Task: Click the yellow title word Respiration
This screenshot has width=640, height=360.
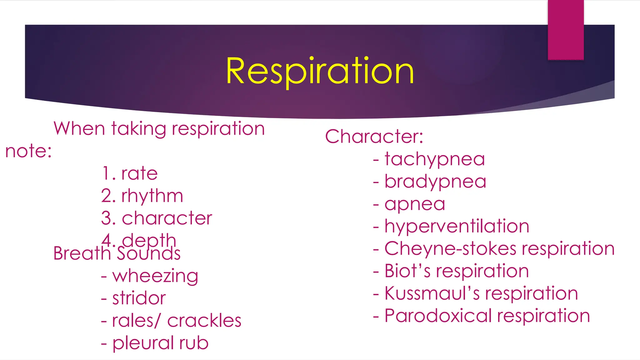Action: [320, 71]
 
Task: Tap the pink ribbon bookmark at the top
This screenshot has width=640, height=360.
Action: [566, 30]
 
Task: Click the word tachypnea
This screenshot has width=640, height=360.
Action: [435, 159]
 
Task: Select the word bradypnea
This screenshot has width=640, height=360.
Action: [435, 182]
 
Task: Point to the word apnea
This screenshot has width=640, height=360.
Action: [415, 204]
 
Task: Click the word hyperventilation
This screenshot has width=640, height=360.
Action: [457, 226]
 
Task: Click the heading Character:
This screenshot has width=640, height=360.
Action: [374, 137]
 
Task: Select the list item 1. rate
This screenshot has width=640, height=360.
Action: [129, 173]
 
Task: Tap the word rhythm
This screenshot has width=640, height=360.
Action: [152, 196]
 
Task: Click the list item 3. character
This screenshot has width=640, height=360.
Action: [157, 218]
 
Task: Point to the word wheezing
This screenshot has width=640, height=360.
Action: [155, 276]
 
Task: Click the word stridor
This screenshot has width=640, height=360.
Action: [139, 298]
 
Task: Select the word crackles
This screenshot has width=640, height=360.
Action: [204, 321]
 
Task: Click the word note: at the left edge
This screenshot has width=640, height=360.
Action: [28, 151]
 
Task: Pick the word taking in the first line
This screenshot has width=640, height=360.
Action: [138, 129]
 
